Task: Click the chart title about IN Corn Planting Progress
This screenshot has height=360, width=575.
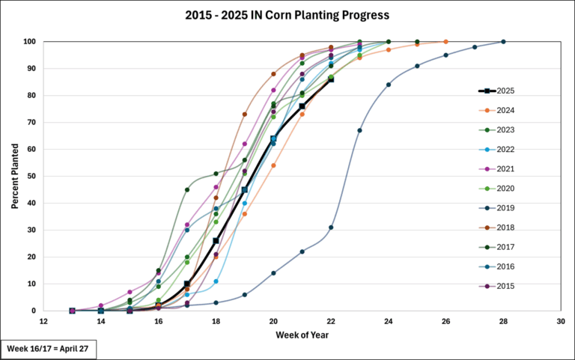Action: pos(287,15)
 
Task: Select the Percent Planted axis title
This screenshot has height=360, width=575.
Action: pos(14,177)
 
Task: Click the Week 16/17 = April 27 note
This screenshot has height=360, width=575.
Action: pos(49,350)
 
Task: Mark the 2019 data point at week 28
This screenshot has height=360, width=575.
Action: pos(503,41)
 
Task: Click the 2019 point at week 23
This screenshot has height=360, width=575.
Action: pos(359,130)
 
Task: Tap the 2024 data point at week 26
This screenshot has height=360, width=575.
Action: pos(445,41)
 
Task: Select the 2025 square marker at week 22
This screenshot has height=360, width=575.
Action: pos(331,79)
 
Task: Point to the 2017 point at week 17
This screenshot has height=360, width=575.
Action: pos(187,189)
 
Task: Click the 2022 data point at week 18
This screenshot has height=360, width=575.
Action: pos(216,281)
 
